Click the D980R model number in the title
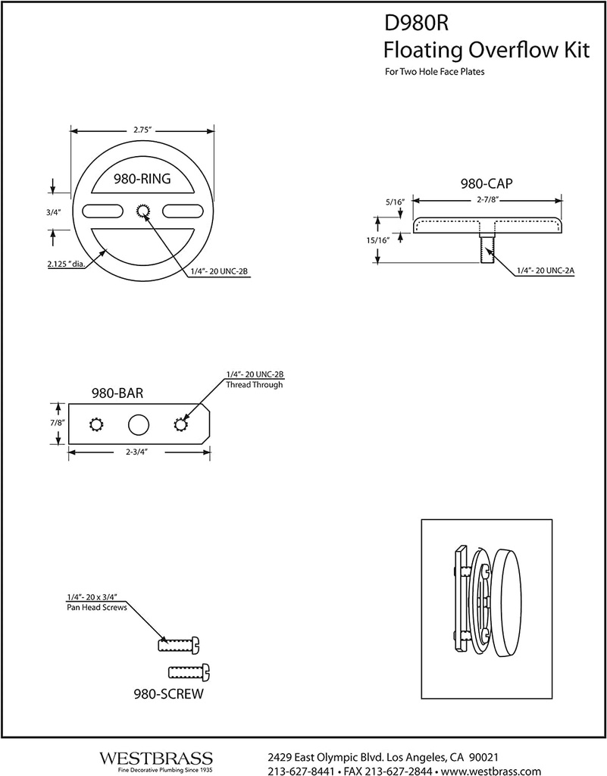click(x=417, y=23)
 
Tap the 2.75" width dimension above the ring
click(x=142, y=130)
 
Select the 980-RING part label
click(x=141, y=180)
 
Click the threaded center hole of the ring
click(x=142, y=211)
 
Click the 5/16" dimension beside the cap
click(x=395, y=202)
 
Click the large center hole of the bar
click(x=139, y=424)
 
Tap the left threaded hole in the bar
click(x=97, y=424)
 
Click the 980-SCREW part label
click(x=168, y=693)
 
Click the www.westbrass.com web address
click(x=491, y=771)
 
